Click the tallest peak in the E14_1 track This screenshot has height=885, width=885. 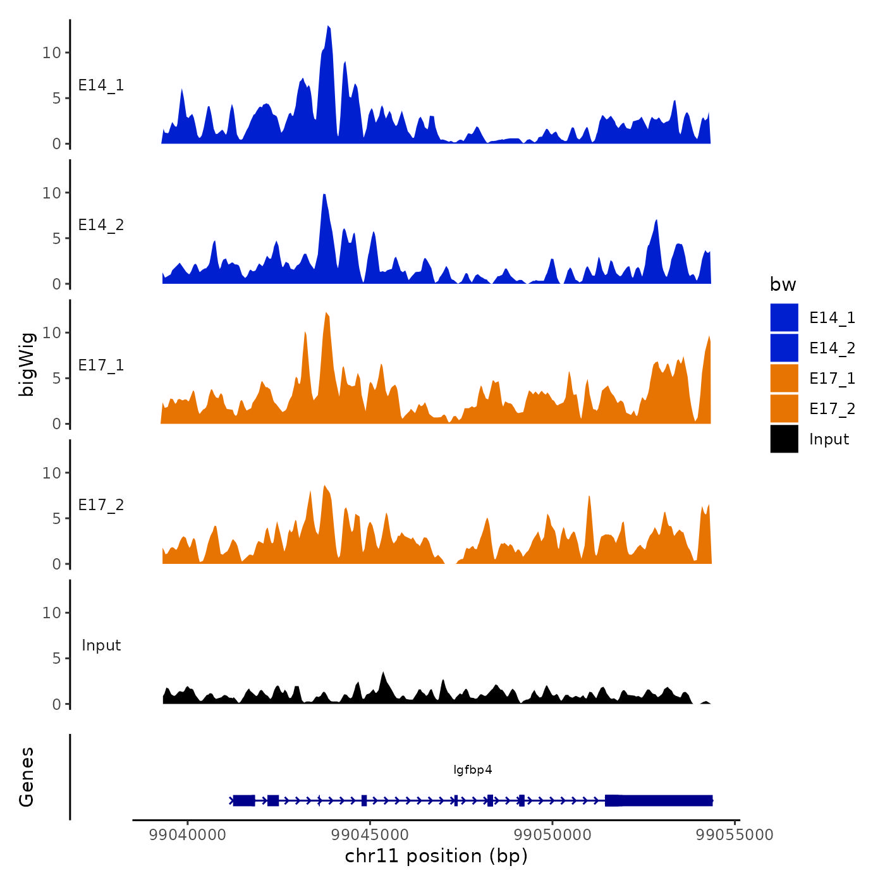(329, 28)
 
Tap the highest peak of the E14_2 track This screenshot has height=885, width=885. (324, 195)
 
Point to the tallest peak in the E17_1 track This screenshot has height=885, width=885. (326, 314)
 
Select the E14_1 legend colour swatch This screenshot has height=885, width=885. (784, 317)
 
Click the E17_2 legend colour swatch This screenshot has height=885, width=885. (784, 408)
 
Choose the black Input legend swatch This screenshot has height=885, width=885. (784, 439)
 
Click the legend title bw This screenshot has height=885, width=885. (783, 284)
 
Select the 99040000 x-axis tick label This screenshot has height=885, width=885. (187, 834)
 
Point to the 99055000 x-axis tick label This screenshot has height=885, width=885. (735, 834)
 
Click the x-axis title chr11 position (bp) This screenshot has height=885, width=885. (436, 856)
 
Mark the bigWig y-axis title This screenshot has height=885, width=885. (27, 364)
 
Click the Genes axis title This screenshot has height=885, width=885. (27, 777)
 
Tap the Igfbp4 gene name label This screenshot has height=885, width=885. (473, 769)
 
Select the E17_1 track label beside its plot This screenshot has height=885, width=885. (101, 365)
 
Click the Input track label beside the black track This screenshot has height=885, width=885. (101, 645)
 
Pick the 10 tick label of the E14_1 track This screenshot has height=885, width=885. (52, 52)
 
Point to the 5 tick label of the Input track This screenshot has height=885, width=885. (57, 658)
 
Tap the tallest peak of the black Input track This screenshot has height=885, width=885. (383, 673)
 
